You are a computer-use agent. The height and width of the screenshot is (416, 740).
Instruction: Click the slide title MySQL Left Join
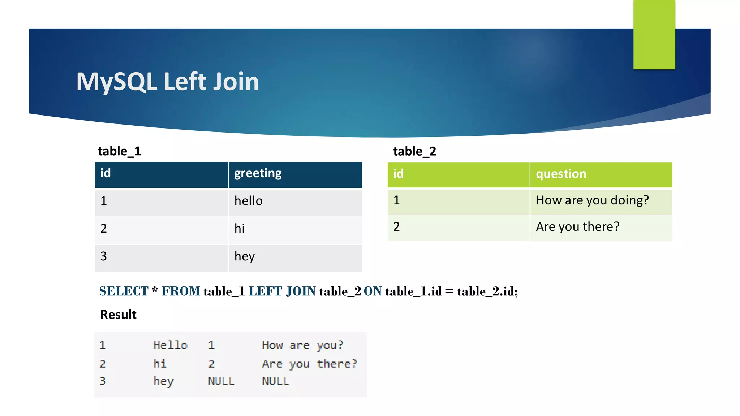coord(167,82)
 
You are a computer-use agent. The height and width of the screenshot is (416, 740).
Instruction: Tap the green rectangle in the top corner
coord(654,35)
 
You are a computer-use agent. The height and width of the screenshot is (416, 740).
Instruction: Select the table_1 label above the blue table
coord(119,151)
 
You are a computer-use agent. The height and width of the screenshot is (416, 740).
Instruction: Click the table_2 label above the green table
coord(414,151)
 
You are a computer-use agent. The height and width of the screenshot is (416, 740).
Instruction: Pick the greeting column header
coord(258,174)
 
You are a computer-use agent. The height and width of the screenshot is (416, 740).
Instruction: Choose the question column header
coord(561,174)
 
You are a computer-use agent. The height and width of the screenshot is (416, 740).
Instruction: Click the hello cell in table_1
coord(248,201)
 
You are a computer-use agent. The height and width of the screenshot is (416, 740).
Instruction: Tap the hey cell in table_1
coord(245,256)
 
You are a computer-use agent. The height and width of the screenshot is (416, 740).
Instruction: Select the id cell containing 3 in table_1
coord(104,256)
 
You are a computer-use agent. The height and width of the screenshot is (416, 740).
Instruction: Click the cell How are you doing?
coord(592,200)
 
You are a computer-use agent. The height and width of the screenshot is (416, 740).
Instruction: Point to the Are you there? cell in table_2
coord(577,227)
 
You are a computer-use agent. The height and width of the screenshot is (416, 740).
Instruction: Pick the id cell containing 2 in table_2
coord(397,227)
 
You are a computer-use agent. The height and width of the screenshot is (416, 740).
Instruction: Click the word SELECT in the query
coord(124,291)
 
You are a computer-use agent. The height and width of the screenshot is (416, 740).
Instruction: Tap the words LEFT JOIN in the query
coord(282,291)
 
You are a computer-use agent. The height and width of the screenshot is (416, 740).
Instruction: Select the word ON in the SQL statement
coord(373,291)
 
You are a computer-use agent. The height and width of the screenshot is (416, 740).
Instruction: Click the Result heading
coord(118,315)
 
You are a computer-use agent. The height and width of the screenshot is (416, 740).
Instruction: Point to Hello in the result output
coord(170,345)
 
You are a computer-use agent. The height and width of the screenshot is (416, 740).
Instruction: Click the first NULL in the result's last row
coord(221,381)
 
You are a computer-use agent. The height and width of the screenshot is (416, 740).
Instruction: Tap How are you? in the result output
coord(302,345)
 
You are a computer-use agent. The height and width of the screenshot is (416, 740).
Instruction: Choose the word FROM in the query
coord(181,291)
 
